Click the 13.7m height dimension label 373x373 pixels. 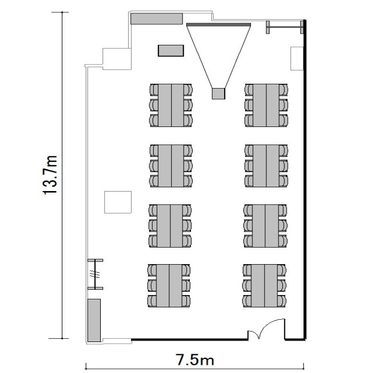(x=51, y=175)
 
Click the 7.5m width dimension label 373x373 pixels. (x=195, y=360)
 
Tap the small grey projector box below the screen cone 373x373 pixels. (x=218, y=93)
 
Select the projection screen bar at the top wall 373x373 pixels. (x=218, y=25)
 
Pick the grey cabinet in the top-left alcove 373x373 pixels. (x=156, y=19)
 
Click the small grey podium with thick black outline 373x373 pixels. (x=171, y=51)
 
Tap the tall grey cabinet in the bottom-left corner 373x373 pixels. (x=94, y=320)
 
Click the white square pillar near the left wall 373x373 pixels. (x=118, y=202)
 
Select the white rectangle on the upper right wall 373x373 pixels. (x=297, y=59)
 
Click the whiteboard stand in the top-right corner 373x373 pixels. (x=285, y=27)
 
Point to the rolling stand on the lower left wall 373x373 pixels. (x=95, y=274)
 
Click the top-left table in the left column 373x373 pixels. (x=171, y=105)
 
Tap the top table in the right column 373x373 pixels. (x=266, y=105)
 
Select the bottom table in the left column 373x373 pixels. (x=169, y=285)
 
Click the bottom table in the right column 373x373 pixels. (x=264, y=285)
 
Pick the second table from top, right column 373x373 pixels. (x=266, y=166)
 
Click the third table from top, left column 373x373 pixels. (x=170, y=226)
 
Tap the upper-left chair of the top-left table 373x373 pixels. (x=154, y=90)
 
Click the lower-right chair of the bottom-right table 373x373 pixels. (x=282, y=301)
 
